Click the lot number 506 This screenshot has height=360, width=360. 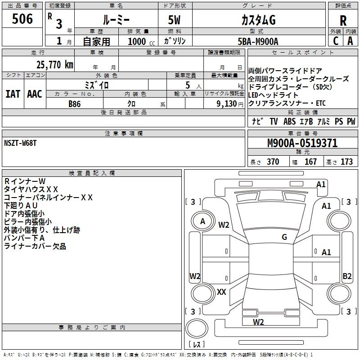coord(22,19)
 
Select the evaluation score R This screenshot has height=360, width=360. coord(343,21)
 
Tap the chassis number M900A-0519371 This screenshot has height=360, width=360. coord(302,144)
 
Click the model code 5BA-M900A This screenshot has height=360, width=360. coord(258,41)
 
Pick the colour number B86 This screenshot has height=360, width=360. coord(74,103)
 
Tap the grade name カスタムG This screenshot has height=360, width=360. coord(258,20)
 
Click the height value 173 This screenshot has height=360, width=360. coord(346,162)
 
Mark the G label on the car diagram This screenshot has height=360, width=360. coord(284,237)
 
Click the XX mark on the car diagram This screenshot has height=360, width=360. coord(221,292)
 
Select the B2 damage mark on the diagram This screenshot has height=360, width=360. coord(347,276)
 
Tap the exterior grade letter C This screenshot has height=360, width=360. coord(335,41)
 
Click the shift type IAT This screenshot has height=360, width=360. coord(13,94)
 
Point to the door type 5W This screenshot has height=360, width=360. coord(175,20)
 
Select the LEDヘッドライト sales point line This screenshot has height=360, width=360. coord(273,95)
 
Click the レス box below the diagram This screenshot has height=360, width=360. coord(196,344)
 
